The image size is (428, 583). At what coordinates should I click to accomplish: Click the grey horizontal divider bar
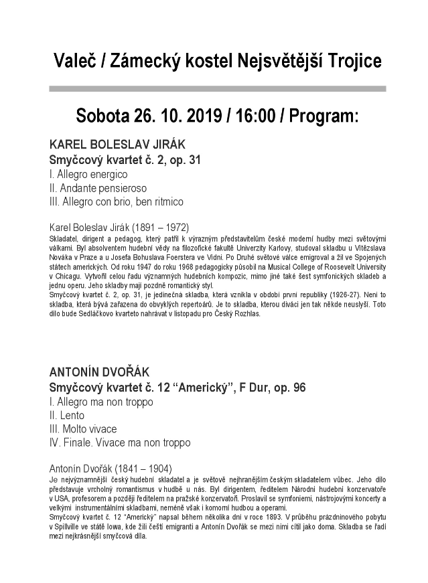[x=218, y=88]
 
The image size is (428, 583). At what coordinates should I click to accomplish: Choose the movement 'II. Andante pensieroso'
[x=98, y=187]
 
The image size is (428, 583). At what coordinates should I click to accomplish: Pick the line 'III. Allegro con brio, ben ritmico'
[x=117, y=201]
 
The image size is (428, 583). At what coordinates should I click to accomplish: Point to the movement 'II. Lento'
[x=67, y=415]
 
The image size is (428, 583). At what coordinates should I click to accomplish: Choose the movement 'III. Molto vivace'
[x=83, y=428]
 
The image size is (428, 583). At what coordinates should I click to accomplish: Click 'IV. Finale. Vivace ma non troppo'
[x=120, y=442]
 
